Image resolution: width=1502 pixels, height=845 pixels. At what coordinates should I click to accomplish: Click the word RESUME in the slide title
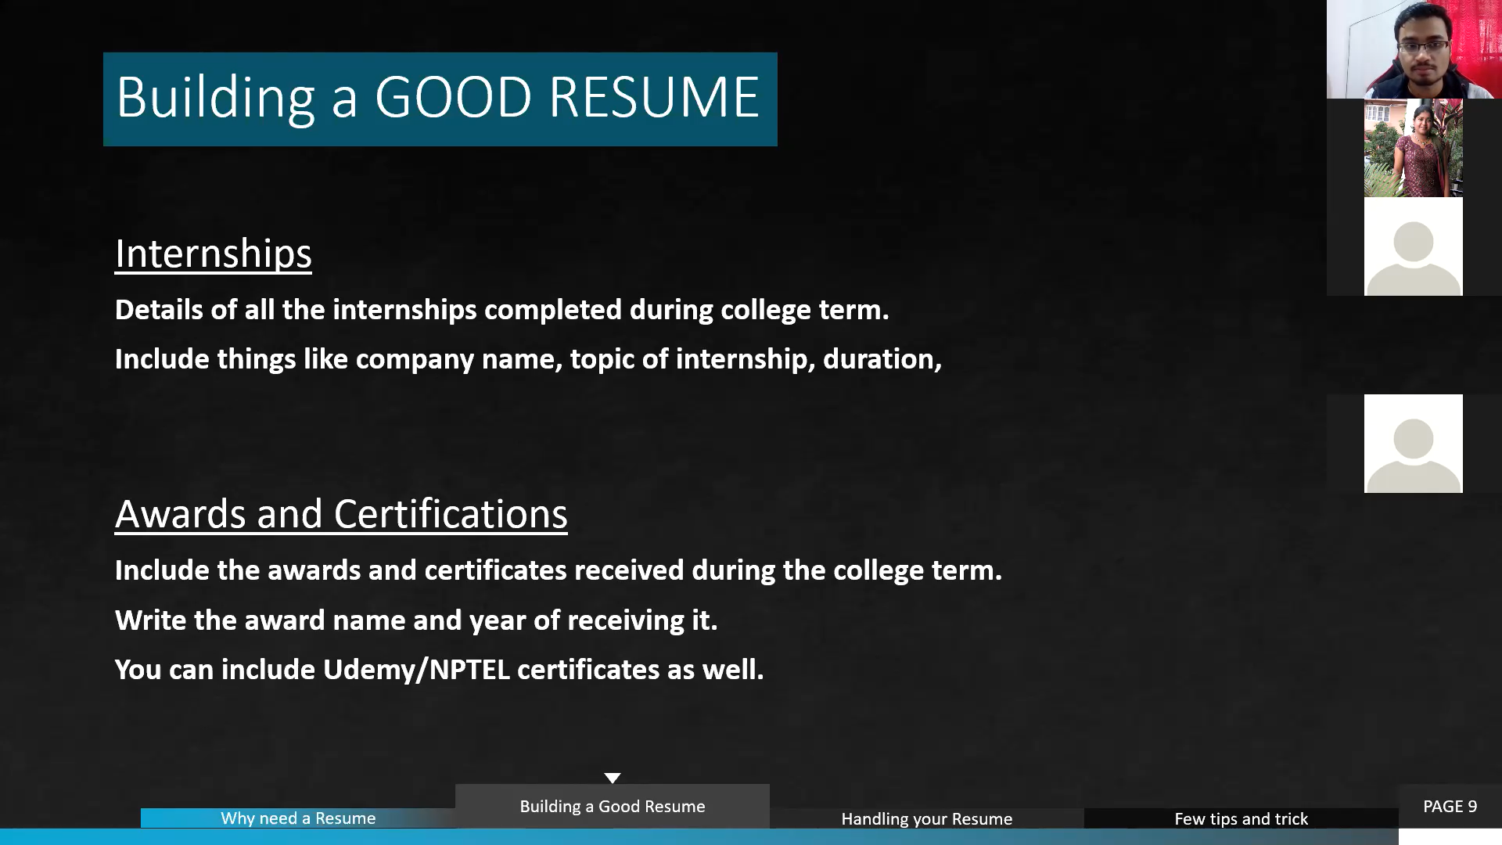point(654,97)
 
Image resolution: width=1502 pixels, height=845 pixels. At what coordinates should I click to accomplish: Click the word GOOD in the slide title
point(453,97)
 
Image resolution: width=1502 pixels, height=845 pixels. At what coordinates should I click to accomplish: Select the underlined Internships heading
point(214,254)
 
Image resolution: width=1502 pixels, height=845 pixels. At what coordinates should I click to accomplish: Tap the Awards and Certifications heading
point(341,514)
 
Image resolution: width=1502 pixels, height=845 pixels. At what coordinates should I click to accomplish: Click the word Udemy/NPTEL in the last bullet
point(416,670)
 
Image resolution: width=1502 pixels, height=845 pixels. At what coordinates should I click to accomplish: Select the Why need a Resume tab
point(298,818)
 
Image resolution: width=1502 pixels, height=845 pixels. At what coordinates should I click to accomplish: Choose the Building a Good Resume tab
point(613,806)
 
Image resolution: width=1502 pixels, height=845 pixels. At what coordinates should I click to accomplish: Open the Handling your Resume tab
point(927,818)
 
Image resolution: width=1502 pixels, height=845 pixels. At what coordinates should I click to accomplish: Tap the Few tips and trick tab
point(1241,818)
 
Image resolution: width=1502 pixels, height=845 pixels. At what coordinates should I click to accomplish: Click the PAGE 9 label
point(1450,807)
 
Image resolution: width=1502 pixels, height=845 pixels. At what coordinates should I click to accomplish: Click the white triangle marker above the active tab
point(613,778)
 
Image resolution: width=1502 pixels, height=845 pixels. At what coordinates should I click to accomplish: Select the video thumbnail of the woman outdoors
point(1414,148)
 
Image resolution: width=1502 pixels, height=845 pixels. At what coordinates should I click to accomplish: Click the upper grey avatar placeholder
point(1414,246)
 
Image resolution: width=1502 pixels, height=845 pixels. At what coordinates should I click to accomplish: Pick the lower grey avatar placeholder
point(1414,444)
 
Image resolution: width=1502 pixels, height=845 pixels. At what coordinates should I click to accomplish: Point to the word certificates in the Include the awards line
point(495,570)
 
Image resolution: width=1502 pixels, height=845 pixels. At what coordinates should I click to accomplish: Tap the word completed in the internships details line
point(553,311)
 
